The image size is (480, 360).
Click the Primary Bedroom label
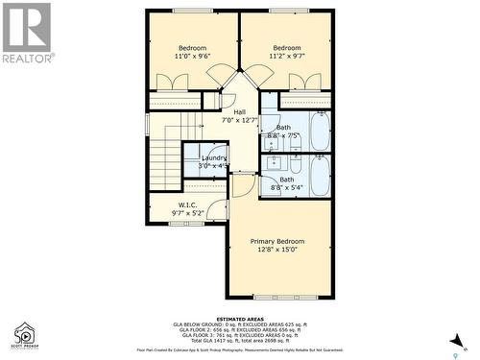[x=277, y=241]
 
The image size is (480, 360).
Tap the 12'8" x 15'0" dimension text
[x=277, y=250]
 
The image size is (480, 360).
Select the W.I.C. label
[x=187, y=204]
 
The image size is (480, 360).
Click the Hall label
[x=240, y=112]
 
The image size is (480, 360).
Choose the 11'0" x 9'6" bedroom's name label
[x=192, y=48]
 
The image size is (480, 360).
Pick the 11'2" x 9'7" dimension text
[x=286, y=57]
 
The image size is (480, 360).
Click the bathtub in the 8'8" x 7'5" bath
[x=320, y=132]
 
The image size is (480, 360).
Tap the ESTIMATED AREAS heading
[x=240, y=318]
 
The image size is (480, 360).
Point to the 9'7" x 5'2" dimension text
[x=187, y=213]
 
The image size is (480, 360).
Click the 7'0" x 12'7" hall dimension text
[x=240, y=121]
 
